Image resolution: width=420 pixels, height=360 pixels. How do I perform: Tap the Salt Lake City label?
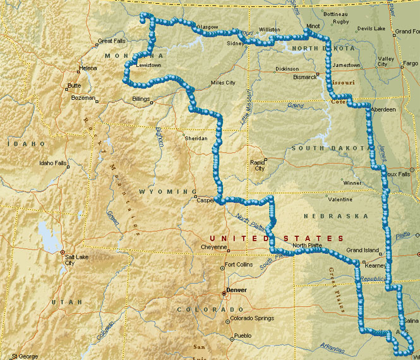point(74,260)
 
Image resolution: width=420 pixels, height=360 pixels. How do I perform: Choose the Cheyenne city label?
point(213,247)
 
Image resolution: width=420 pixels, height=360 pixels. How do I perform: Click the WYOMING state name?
point(164,191)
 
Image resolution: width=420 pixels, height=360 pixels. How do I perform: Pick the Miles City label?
point(222,83)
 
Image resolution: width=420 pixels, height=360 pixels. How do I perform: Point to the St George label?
point(25,356)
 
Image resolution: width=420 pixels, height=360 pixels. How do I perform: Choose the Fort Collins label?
point(239,264)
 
